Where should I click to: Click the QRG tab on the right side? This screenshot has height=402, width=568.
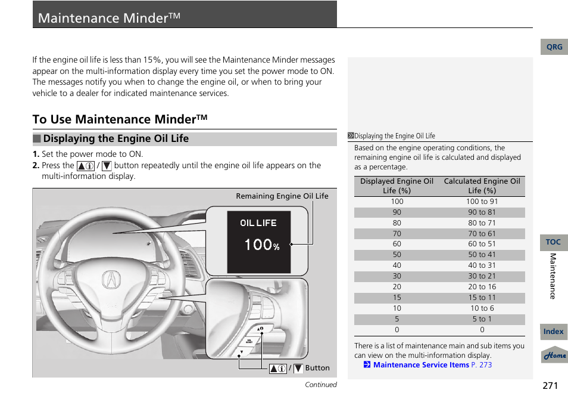(554, 47)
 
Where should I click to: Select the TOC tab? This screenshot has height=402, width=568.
(553, 242)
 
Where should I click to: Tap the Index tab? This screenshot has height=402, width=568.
(553, 332)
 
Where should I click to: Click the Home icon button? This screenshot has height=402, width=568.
(554, 355)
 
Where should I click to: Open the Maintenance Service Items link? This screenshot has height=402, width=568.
(420, 365)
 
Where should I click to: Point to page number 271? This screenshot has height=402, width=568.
(550, 385)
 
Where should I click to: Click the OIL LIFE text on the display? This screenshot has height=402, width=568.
(258, 223)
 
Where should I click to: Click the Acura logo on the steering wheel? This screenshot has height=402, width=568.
(111, 279)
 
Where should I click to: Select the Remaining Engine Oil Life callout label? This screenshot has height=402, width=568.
(282, 196)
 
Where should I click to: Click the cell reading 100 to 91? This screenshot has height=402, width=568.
(482, 202)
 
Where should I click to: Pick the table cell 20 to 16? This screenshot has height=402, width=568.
(482, 287)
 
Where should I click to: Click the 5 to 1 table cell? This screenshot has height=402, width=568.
(482, 319)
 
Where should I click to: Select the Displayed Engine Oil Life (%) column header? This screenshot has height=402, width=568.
(397, 186)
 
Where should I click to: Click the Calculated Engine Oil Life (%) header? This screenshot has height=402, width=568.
(482, 186)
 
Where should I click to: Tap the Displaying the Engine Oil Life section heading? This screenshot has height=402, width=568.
(116, 139)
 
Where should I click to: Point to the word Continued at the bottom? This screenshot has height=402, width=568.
(320, 385)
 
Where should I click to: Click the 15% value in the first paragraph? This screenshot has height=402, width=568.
(152, 60)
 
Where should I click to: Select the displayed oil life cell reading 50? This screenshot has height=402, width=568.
(397, 255)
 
